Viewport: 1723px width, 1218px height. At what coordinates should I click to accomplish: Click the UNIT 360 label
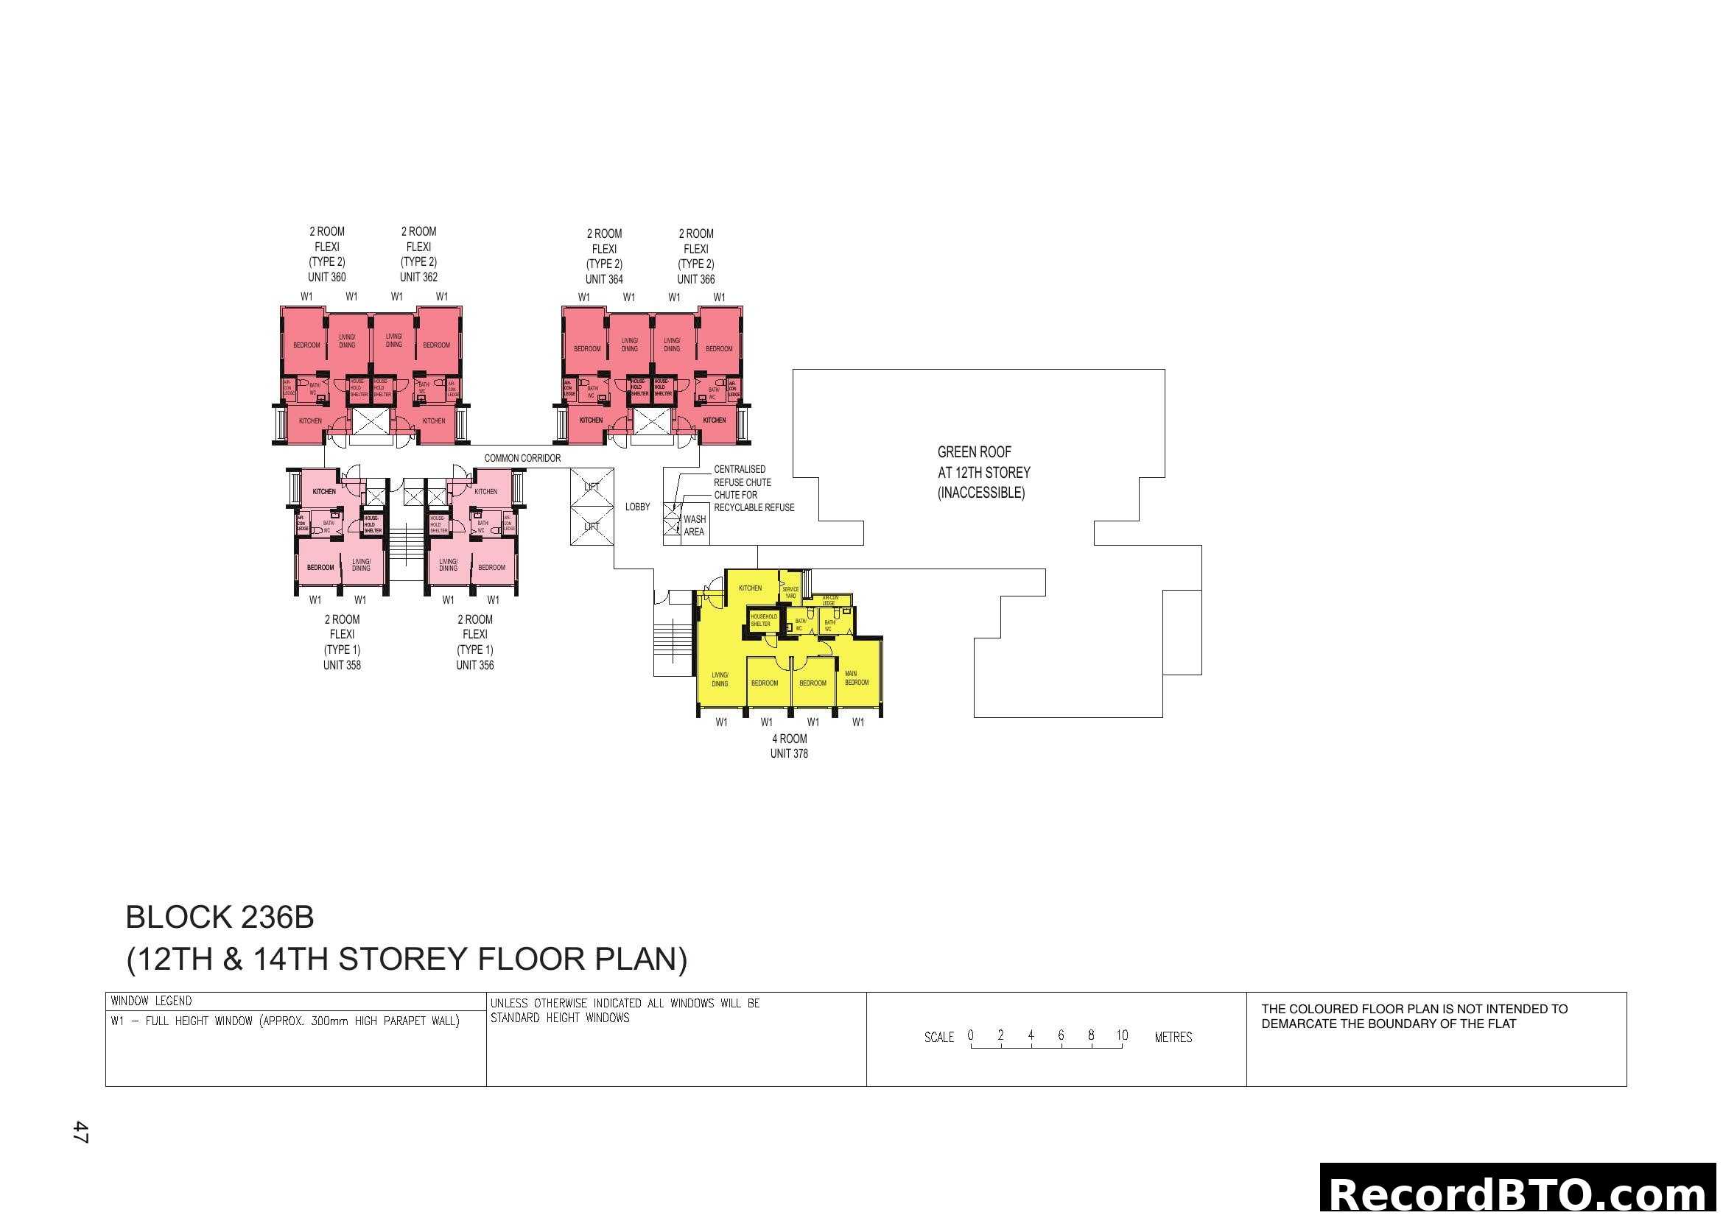(x=326, y=278)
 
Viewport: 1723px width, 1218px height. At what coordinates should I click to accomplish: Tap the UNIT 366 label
(x=695, y=280)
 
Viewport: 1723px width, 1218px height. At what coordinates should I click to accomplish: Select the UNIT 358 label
(x=342, y=665)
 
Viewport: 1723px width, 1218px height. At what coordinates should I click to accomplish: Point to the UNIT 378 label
(x=789, y=754)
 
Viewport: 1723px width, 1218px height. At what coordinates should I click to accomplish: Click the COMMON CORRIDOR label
(x=522, y=458)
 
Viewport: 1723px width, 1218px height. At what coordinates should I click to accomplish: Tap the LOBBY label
(x=637, y=507)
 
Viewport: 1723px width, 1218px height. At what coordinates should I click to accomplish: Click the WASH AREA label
(x=694, y=526)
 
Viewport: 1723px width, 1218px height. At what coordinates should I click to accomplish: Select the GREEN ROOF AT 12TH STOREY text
(x=983, y=472)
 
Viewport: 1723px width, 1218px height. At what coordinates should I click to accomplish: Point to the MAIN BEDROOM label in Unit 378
(x=856, y=678)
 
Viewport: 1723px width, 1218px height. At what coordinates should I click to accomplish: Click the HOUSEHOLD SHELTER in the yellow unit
(x=763, y=620)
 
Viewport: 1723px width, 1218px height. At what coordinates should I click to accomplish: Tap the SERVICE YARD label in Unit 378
(x=790, y=593)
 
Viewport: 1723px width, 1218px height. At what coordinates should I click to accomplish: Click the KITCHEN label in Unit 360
(x=310, y=421)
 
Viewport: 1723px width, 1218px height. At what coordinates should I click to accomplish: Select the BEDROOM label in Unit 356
(x=491, y=568)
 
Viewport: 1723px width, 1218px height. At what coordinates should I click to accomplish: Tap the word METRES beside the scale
(x=1173, y=1038)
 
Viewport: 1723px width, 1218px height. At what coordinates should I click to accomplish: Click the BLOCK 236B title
(x=220, y=918)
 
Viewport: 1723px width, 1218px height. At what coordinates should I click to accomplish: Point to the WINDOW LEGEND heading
(x=151, y=1001)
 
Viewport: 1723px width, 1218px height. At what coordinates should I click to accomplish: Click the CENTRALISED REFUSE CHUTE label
(x=742, y=476)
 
